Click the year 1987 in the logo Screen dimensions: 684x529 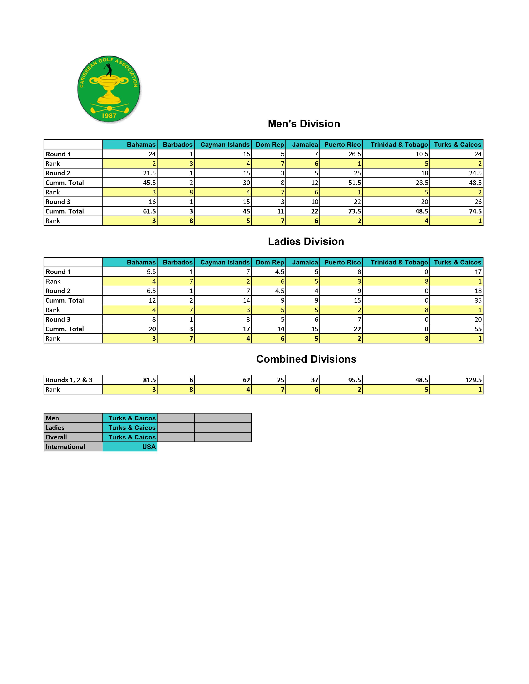click(x=109, y=116)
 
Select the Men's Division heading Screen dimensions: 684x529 click(x=304, y=124)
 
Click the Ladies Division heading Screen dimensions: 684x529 click(x=306, y=241)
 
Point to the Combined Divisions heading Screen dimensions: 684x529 click(x=306, y=359)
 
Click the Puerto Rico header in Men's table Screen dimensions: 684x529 click(x=342, y=144)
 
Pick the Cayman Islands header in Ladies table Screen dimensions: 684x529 click(x=225, y=262)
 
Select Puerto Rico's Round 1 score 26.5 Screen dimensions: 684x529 click(x=355, y=154)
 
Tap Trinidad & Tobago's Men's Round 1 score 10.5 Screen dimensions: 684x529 click(x=422, y=154)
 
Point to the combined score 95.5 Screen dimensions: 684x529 click(x=355, y=380)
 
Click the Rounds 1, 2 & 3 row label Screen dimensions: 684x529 click(x=69, y=380)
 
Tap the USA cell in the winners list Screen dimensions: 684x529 click(x=149, y=447)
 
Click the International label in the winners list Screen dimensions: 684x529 click(x=65, y=447)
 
